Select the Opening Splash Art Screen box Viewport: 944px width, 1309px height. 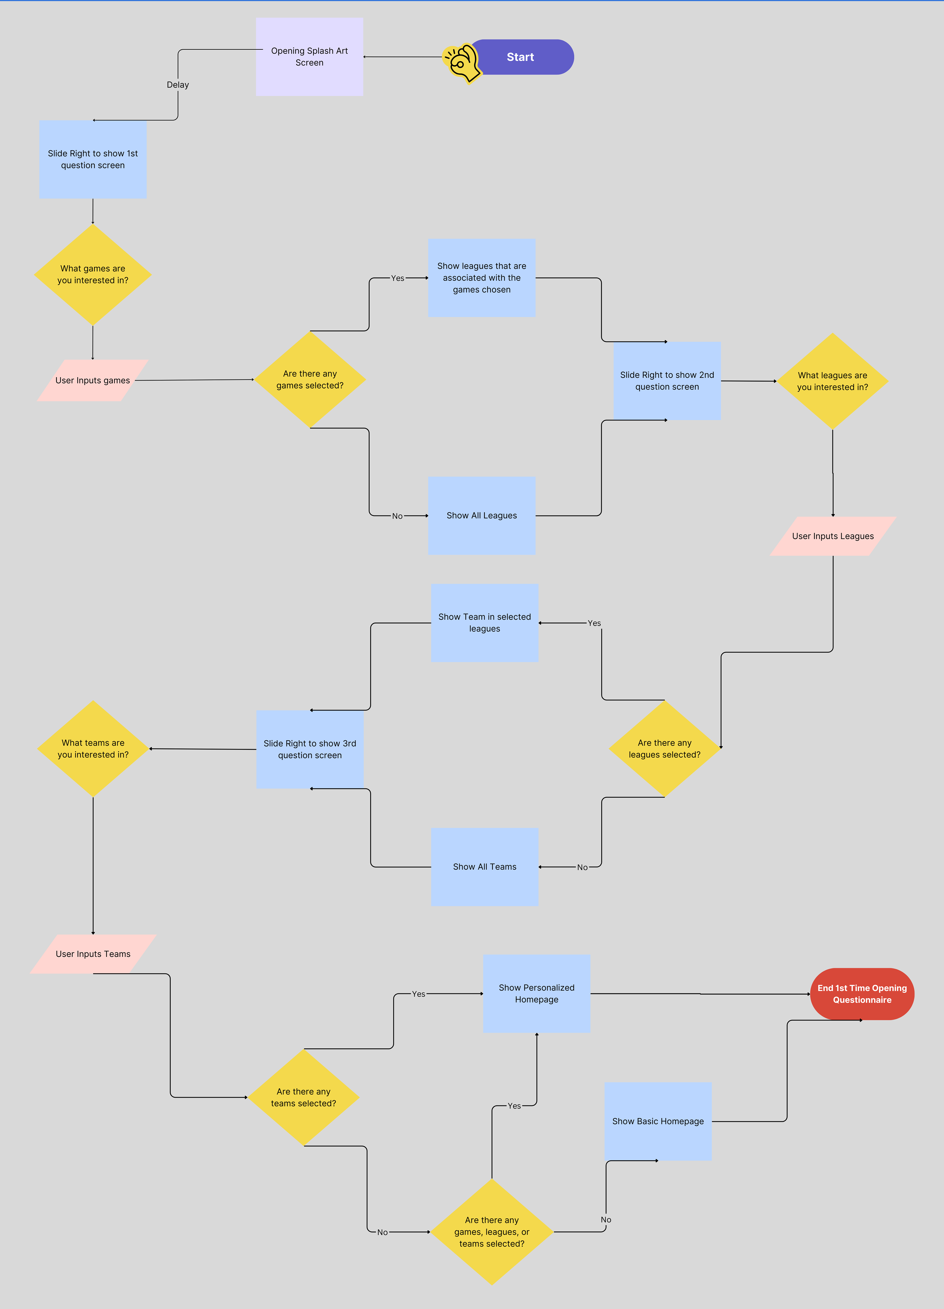[309, 57]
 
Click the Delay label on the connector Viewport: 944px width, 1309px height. [178, 85]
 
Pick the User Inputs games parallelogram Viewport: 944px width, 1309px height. [92, 380]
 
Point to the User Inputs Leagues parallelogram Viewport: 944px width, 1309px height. [833, 536]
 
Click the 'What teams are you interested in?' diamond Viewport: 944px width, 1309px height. [93, 749]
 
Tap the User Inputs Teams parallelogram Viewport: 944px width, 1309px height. [93, 954]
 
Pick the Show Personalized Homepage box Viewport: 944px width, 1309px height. [537, 993]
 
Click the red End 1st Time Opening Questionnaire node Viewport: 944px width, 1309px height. [862, 994]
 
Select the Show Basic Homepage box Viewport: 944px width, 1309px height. [658, 1121]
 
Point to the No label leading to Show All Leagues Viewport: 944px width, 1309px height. [397, 516]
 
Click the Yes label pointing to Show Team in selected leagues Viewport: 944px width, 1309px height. [594, 623]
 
